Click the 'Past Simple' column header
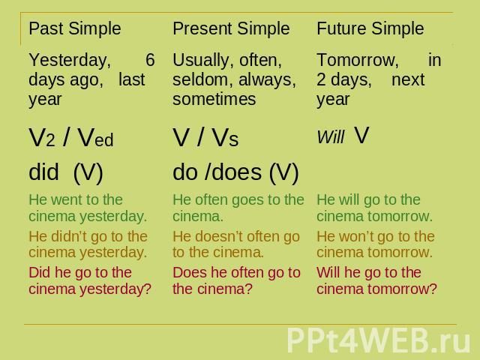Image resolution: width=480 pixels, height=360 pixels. click(x=75, y=29)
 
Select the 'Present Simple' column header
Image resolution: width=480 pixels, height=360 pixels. click(x=231, y=29)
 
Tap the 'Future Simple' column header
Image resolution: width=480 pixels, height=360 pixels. click(x=370, y=29)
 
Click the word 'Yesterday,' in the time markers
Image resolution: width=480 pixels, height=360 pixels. click(x=70, y=60)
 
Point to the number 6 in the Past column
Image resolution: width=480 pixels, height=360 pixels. click(x=150, y=60)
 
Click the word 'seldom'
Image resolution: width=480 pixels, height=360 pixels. click(x=202, y=79)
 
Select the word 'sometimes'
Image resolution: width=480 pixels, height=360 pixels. click(x=214, y=99)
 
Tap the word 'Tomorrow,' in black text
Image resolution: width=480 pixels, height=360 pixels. click(x=358, y=60)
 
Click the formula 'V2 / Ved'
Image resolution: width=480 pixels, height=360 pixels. click(x=71, y=137)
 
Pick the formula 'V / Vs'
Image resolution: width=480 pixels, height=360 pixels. click(x=205, y=137)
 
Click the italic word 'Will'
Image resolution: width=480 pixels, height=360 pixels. click(x=331, y=136)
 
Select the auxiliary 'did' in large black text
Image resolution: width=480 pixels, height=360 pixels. click(x=43, y=172)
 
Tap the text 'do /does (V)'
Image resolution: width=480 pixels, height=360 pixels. click(x=235, y=172)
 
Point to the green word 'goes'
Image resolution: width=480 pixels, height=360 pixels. click(x=247, y=200)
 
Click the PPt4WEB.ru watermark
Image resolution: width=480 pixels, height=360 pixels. click(x=378, y=340)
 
